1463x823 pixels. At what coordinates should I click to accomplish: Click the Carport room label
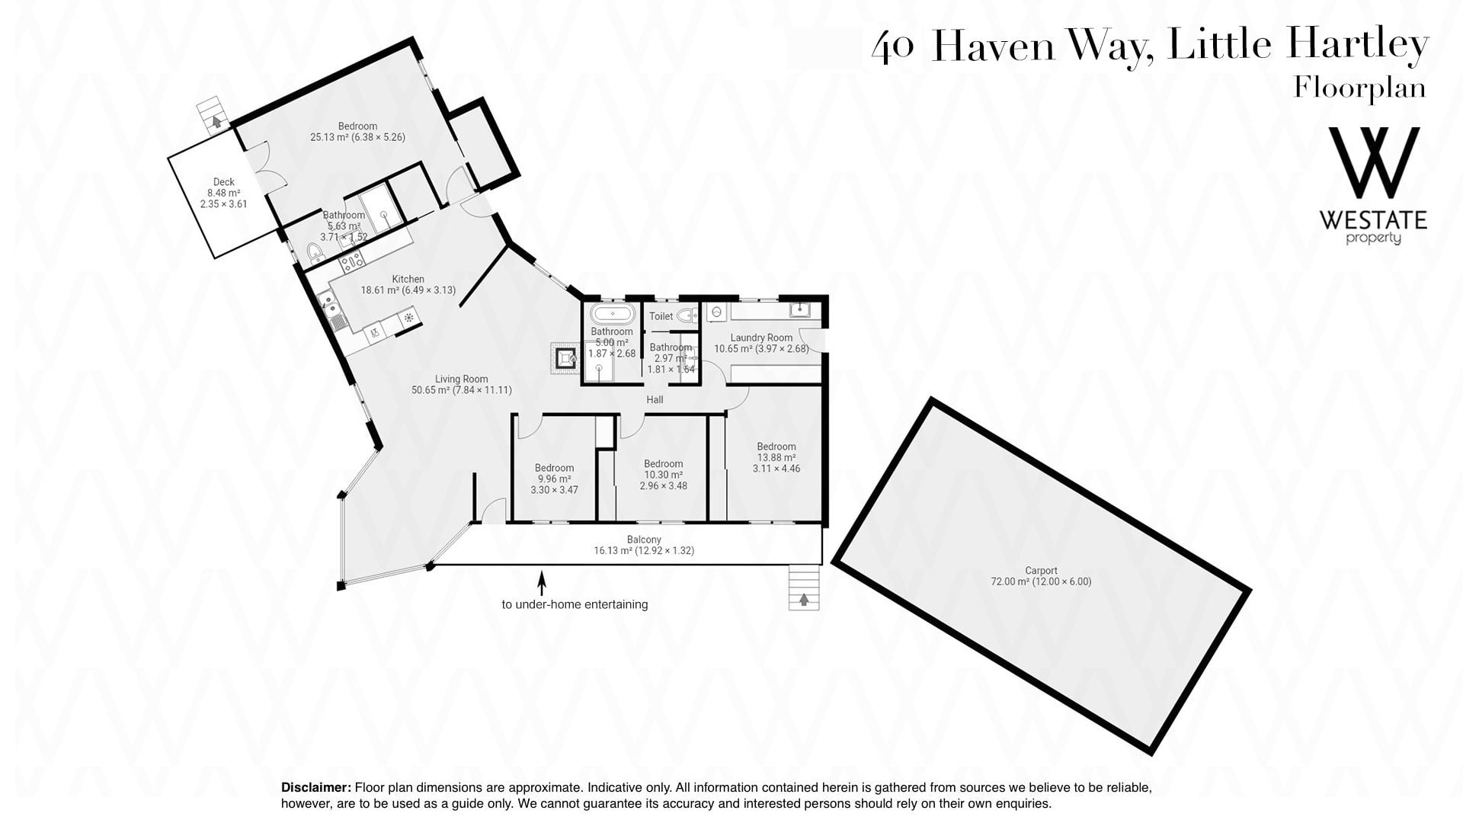tap(1041, 570)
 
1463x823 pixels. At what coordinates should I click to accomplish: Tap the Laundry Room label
tap(761, 338)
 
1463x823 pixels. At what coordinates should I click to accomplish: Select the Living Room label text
tap(461, 379)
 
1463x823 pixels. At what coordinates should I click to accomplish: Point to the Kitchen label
tap(408, 279)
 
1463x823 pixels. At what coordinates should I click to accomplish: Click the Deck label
tap(224, 181)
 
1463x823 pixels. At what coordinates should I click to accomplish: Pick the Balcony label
tap(644, 540)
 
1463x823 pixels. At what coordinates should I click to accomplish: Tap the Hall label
tap(655, 399)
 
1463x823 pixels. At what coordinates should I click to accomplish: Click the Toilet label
tap(661, 316)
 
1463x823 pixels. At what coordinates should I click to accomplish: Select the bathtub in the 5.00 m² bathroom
tap(612, 314)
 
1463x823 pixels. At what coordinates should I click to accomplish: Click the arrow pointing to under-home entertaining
tap(542, 583)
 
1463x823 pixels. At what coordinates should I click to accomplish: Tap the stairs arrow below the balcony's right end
tap(803, 600)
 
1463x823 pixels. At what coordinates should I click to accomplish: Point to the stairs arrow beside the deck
tap(217, 120)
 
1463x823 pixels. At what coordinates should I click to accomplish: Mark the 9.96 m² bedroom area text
tap(554, 479)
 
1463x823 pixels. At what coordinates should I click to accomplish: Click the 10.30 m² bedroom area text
tap(663, 475)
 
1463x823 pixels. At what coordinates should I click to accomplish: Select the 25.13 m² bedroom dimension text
tap(357, 137)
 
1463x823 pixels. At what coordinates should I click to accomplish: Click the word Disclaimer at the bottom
tap(316, 787)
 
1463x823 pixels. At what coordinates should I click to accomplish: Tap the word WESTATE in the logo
tap(1373, 221)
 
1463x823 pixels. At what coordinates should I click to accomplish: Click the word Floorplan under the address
tap(1360, 88)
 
